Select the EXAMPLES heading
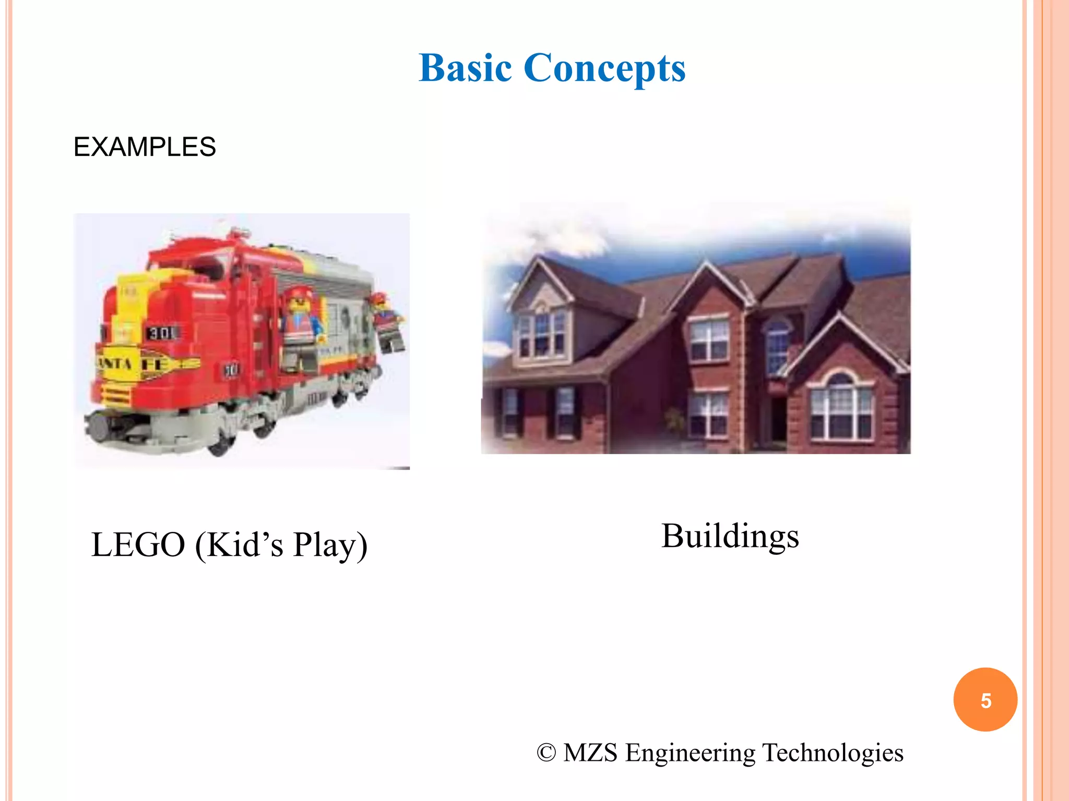(x=145, y=147)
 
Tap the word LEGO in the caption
(x=138, y=545)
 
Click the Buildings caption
(x=730, y=536)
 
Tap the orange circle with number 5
(x=985, y=700)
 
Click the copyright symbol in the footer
(x=546, y=753)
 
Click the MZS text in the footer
(x=590, y=753)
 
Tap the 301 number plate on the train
(x=163, y=333)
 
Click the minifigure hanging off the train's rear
(x=387, y=321)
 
